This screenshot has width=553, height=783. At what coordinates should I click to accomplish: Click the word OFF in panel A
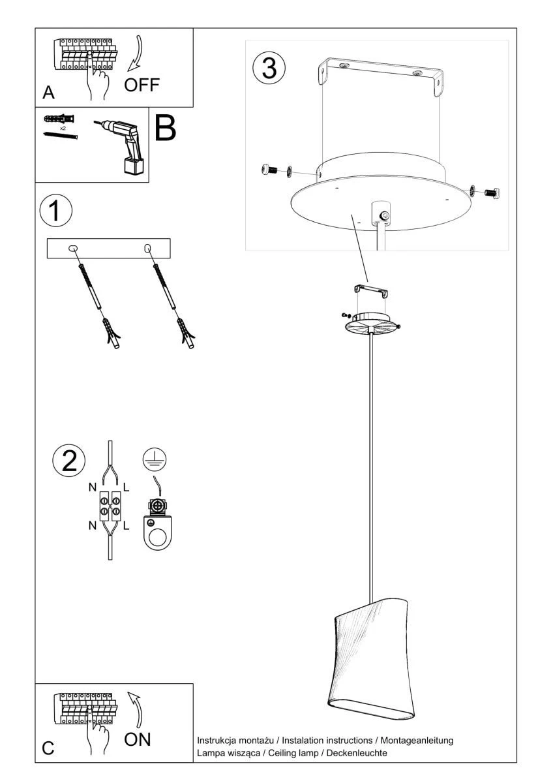(142, 85)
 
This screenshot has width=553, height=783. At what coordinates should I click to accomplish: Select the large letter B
(165, 129)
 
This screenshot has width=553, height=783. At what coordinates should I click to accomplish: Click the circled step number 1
(56, 211)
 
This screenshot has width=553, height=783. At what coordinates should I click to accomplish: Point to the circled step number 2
(69, 460)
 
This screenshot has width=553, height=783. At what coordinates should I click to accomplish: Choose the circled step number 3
(269, 68)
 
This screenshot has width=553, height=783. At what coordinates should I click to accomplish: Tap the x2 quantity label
(63, 129)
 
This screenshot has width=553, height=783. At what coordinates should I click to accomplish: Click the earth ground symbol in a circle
(155, 459)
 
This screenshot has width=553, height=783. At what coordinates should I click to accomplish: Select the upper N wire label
(93, 487)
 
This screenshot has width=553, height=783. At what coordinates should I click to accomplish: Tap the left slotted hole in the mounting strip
(72, 249)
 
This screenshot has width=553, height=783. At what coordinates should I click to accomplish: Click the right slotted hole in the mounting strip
(147, 249)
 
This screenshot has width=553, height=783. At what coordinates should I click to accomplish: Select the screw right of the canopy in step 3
(492, 192)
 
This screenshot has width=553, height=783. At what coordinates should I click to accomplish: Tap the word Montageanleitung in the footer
(417, 741)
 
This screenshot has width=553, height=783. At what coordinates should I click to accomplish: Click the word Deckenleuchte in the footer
(356, 753)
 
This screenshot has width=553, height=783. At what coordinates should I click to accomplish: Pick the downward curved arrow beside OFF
(136, 53)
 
